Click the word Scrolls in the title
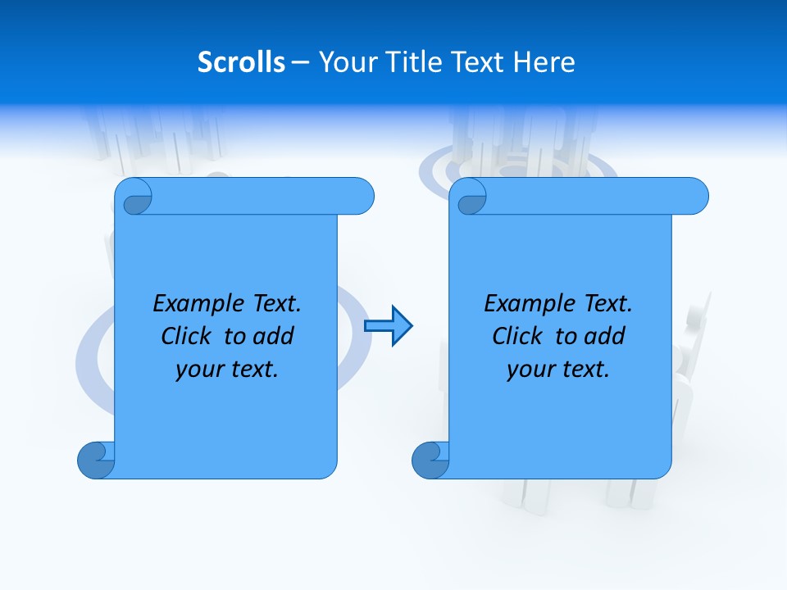(241, 62)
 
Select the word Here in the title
(544, 62)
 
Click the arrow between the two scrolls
(388, 326)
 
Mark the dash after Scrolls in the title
(300, 62)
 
